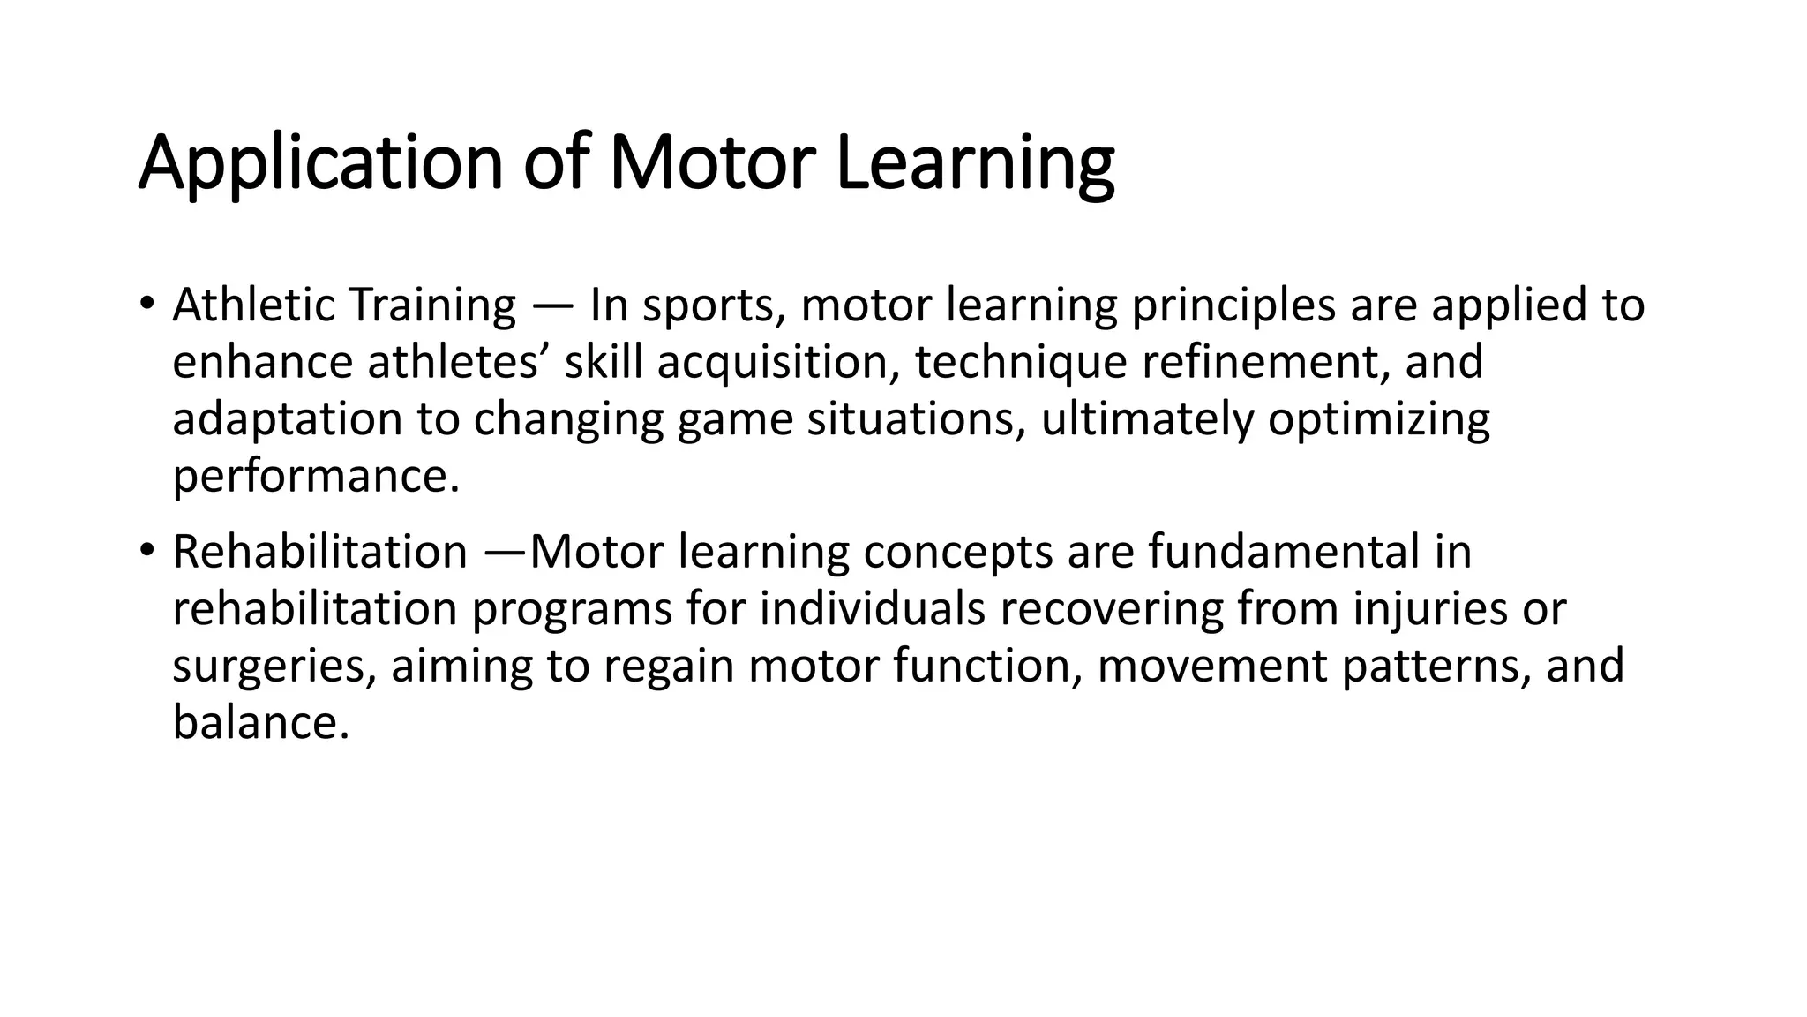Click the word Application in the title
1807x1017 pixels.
(320, 163)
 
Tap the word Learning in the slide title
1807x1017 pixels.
(974, 163)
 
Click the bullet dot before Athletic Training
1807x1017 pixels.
(146, 304)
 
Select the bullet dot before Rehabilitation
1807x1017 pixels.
(146, 551)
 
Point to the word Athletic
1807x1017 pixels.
(254, 305)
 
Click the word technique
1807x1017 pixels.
(1021, 363)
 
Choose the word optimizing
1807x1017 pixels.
(1378, 420)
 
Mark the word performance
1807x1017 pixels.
(316, 477)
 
